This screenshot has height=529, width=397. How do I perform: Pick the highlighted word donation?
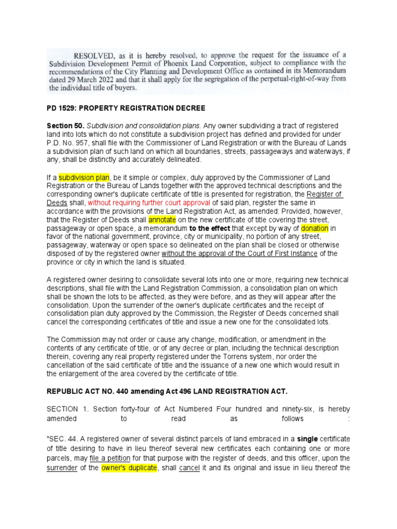314,229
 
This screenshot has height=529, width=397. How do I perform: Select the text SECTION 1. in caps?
64,408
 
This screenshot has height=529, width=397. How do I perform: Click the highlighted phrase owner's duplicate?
128,467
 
